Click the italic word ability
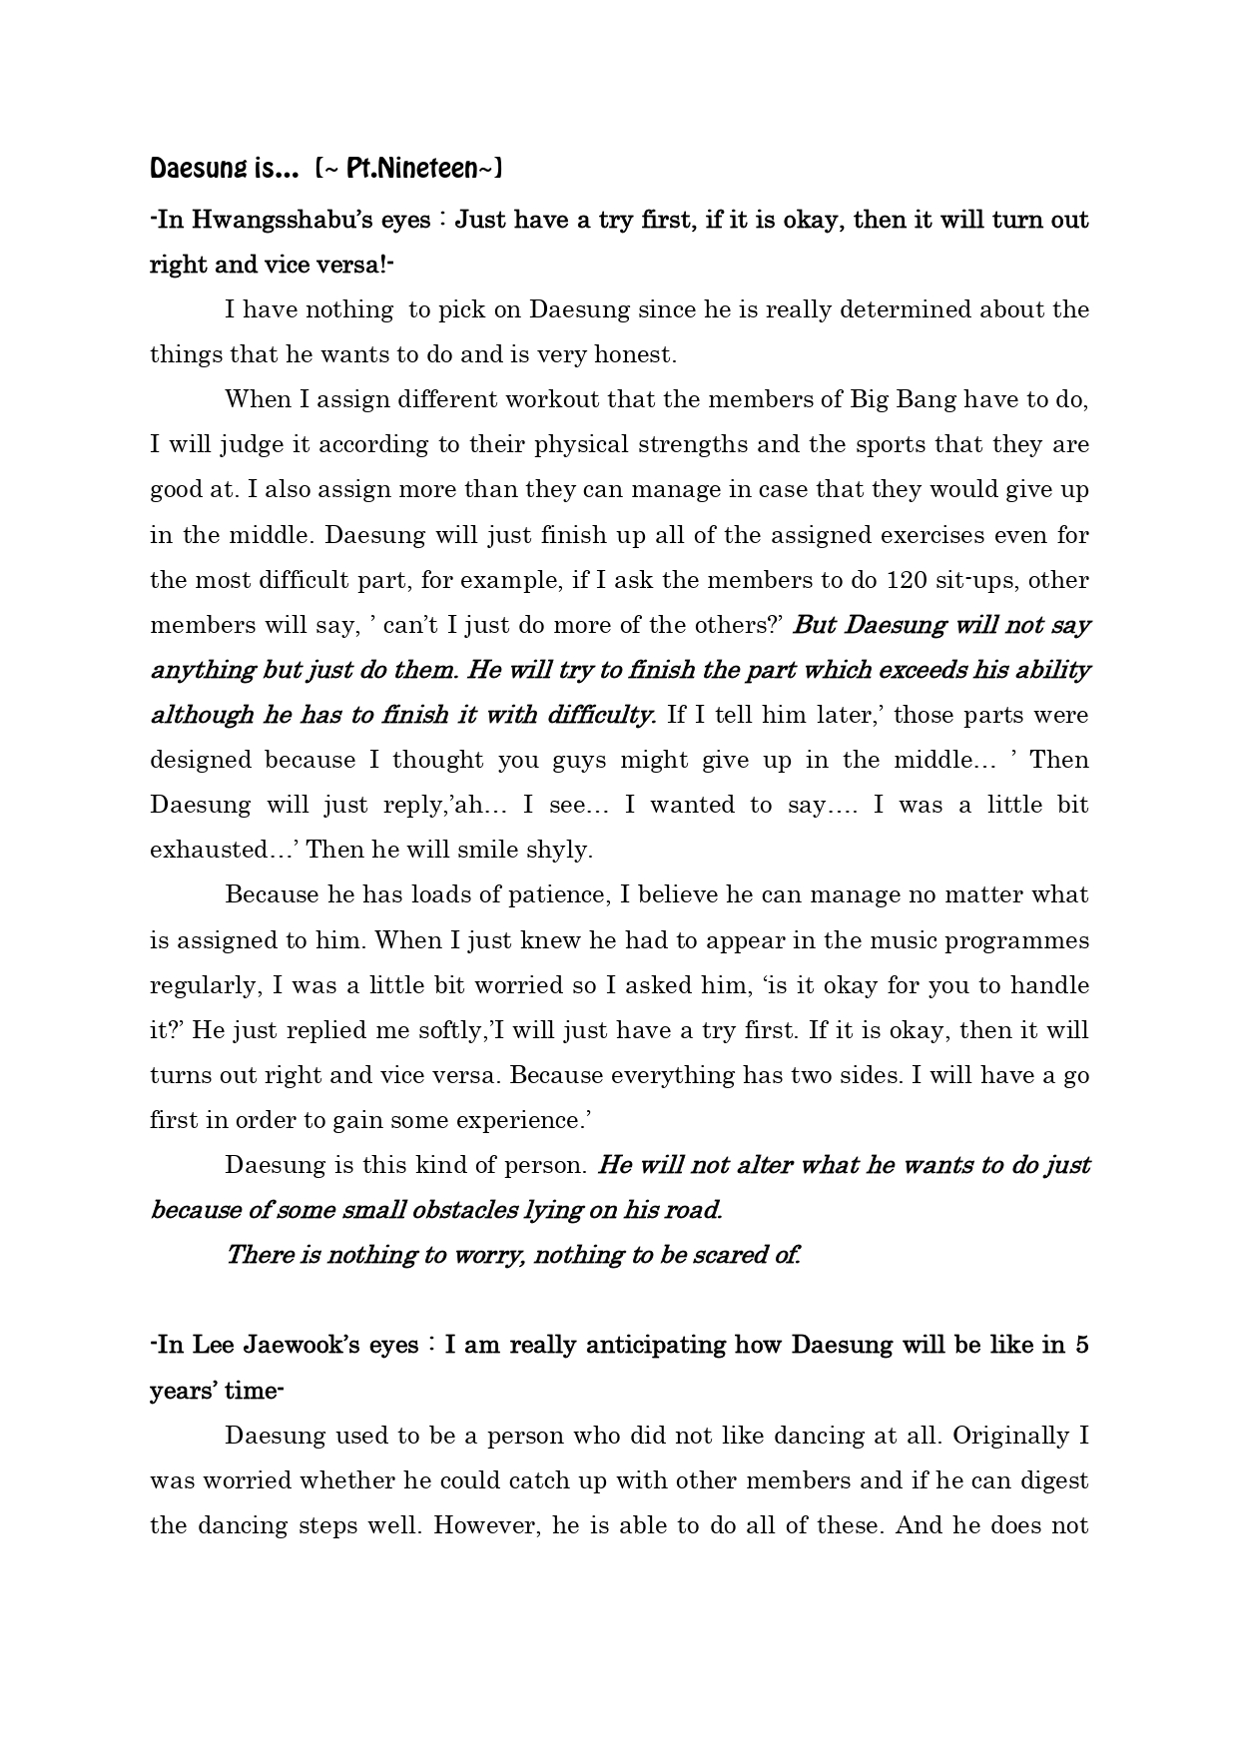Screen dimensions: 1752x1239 (x=1049, y=670)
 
